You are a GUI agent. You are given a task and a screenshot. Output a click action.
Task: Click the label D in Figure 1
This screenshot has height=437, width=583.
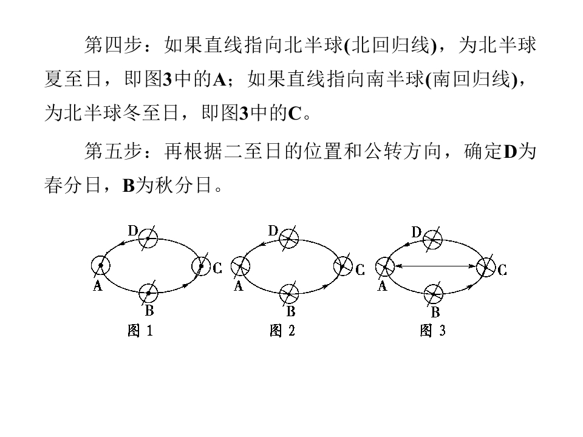[x=133, y=231]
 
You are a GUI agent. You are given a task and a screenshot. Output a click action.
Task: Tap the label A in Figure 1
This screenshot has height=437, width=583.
[x=97, y=286]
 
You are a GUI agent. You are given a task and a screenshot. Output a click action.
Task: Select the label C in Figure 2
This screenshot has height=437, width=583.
[x=360, y=269]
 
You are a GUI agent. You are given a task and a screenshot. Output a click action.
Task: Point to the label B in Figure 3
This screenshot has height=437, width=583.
[x=435, y=312]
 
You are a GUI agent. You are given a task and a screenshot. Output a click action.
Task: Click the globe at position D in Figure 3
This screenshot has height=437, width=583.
[x=433, y=240]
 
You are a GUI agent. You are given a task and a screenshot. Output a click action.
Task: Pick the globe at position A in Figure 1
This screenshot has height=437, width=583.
[x=101, y=266]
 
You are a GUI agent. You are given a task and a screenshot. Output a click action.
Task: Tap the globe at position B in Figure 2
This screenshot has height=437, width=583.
[x=289, y=294]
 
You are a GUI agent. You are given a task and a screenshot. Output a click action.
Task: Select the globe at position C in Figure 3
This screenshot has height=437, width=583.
[x=486, y=266]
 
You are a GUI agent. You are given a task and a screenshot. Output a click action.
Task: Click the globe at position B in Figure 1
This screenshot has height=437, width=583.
[x=148, y=293]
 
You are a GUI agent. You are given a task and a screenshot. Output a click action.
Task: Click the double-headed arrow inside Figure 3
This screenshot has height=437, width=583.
[x=435, y=266]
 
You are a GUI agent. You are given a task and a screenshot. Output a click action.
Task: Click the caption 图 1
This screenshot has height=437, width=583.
[x=140, y=330]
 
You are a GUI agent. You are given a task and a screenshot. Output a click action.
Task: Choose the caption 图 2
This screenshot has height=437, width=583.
[x=282, y=330]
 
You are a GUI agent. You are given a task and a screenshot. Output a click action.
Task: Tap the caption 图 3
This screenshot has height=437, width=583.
[x=432, y=330]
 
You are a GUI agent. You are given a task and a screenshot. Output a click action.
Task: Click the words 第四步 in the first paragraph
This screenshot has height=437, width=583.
[x=113, y=45]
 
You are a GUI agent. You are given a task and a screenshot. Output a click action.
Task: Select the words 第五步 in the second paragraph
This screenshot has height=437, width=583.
[x=113, y=151]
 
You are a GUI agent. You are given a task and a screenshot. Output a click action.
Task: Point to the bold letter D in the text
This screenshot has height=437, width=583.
[x=510, y=152]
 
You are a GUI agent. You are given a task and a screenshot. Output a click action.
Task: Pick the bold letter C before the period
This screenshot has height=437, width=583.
[x=295, y=113]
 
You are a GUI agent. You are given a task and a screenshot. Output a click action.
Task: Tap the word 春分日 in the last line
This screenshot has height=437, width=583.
[x=72, y=185]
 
